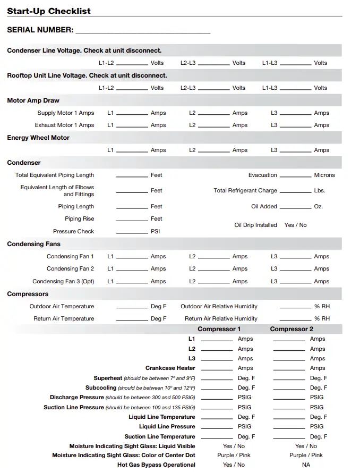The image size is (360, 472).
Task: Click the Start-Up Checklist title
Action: click(x=49, y=11)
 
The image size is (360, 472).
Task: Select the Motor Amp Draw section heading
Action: click(x=33, y=100)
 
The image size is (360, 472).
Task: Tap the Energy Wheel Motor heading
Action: click(x=38, y=138)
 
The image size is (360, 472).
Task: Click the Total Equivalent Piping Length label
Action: click(x=55, y=175)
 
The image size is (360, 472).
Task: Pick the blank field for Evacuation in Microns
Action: click(x=295, y=176)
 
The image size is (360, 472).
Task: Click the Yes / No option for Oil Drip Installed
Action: click(x=295, y=225)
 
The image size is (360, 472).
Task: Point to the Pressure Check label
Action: click(x=73, y=231)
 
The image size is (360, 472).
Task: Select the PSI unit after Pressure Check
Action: click(x=155, y=231)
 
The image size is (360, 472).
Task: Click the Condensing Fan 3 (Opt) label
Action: click(x=63, y=281)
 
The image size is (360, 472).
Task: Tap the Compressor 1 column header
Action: click(x=219, y=329)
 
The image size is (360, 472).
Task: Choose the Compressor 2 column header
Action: click(x=292, y=329)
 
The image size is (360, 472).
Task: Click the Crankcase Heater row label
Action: click(x=170, y=368)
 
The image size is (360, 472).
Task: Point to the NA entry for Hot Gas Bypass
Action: click(x=306, y=465)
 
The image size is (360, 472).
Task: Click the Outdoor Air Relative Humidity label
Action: click(x=219, y=306)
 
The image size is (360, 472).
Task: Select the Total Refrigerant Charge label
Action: click(x=245, y=190)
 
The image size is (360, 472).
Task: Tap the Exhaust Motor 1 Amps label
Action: click(x=64, y=125)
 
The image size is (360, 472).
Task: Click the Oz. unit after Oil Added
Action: click(x=318, y=206)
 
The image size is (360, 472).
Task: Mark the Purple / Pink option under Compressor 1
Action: click(x=234, y=455)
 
